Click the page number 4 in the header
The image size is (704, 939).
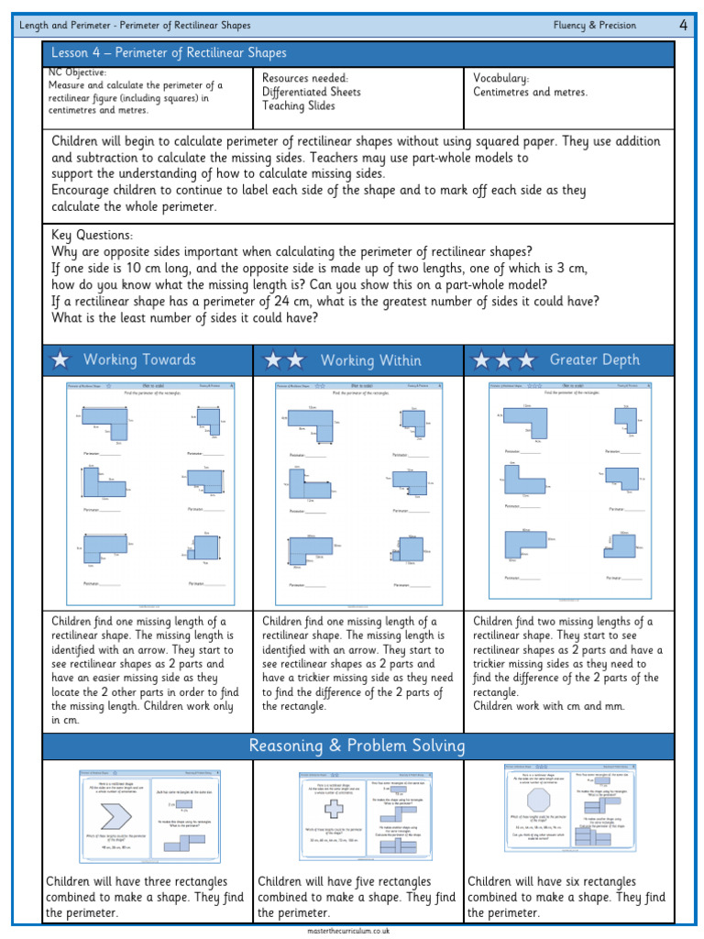tap(683, 26)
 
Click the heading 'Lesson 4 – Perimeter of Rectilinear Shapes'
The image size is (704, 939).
tap(169, 53)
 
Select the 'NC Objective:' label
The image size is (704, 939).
tap(77, 72)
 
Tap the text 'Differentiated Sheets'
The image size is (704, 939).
tap(311, 92)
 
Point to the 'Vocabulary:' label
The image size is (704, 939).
tap(500, 79)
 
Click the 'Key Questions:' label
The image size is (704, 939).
tap(93, 236)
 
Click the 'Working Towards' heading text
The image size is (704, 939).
tap(139, 360)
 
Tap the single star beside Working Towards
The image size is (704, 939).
tap(60, 360)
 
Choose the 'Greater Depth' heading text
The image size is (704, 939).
tap(594, 360)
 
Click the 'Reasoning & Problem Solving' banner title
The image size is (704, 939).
tap(357, 746)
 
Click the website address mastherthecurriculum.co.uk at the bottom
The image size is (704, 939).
tap(357, 930)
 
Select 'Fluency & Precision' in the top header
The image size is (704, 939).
tap(594, 26)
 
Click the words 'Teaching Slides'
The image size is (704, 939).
tap(299, 105)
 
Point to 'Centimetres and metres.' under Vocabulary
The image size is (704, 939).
tap(531, 92)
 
